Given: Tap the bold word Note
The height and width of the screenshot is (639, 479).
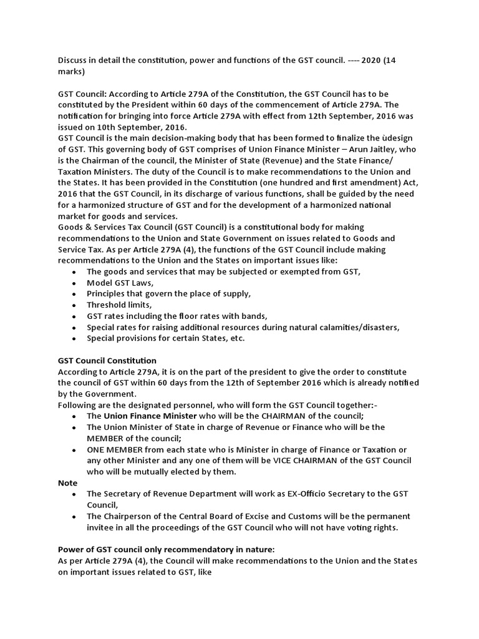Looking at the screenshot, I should click(67, 482).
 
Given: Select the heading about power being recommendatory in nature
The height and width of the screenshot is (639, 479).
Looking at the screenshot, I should click(166, 550).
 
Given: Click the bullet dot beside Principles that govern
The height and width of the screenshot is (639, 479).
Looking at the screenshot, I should click(75, 294).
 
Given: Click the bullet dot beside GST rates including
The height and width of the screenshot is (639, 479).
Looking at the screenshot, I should click(75, 316).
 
